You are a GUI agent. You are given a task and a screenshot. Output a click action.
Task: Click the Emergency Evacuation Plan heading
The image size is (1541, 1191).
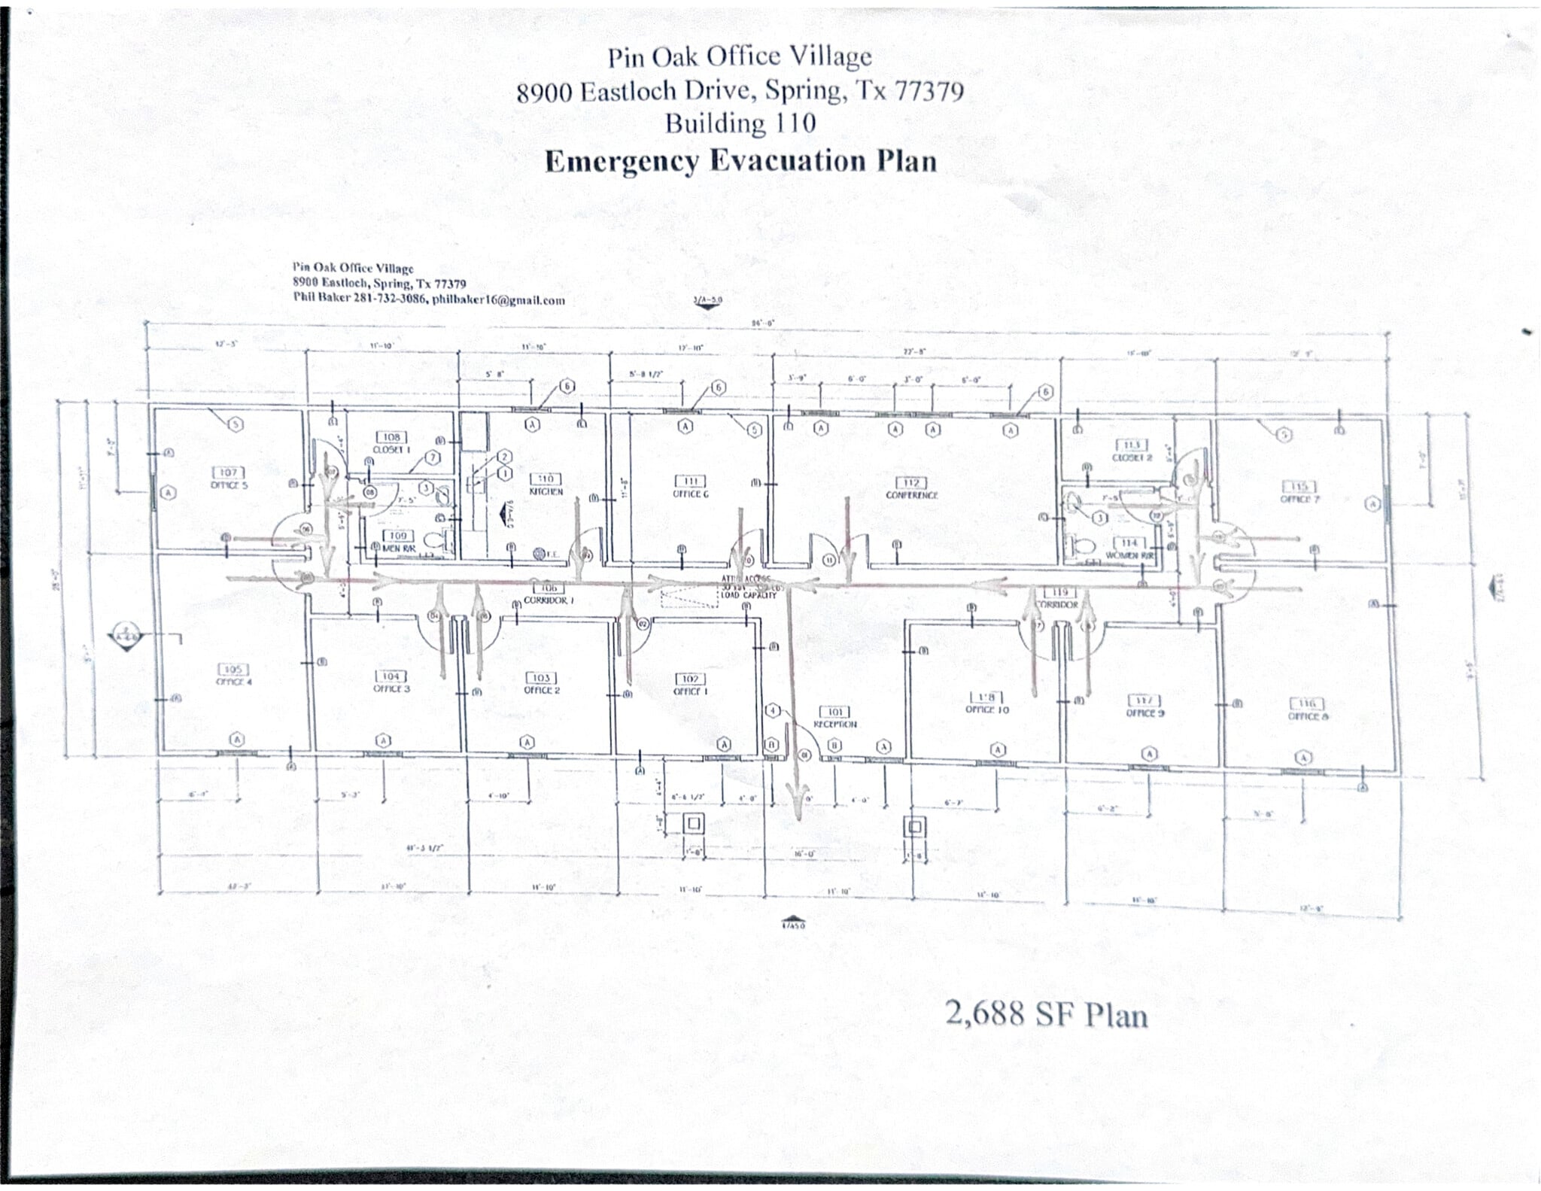[x=740, y=161]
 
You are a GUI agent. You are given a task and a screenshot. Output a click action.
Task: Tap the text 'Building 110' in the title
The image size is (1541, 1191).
[x=740, y=123]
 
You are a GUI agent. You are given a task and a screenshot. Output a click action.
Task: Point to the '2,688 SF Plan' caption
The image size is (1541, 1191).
[x=1046, y=1016]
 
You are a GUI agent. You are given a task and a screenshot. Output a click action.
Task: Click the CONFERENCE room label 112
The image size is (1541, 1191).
[x=912, y=488]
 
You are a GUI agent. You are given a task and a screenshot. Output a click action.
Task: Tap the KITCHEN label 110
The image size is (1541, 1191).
[x=546, y=485]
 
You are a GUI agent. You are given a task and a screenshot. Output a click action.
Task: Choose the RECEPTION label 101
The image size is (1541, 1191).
[x=834, y=718]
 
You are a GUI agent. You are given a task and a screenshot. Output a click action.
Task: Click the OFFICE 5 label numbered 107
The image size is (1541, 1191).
[x=229, y=479]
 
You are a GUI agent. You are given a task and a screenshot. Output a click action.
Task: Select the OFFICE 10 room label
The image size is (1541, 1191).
[x=987, y=703]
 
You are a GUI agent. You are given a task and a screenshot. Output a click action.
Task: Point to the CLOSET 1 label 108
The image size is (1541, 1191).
[x=391, y=442]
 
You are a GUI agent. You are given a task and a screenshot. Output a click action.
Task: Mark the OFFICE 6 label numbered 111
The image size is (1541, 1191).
[x=690, y=488]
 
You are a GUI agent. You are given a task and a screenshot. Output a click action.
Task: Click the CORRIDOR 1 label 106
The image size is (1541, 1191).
[x=549, y=595]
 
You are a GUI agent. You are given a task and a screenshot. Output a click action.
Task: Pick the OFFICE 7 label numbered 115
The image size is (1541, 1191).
[x=1299, y=493]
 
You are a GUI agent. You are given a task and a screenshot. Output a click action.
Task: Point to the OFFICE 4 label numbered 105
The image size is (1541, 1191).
[x=233, y=675]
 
